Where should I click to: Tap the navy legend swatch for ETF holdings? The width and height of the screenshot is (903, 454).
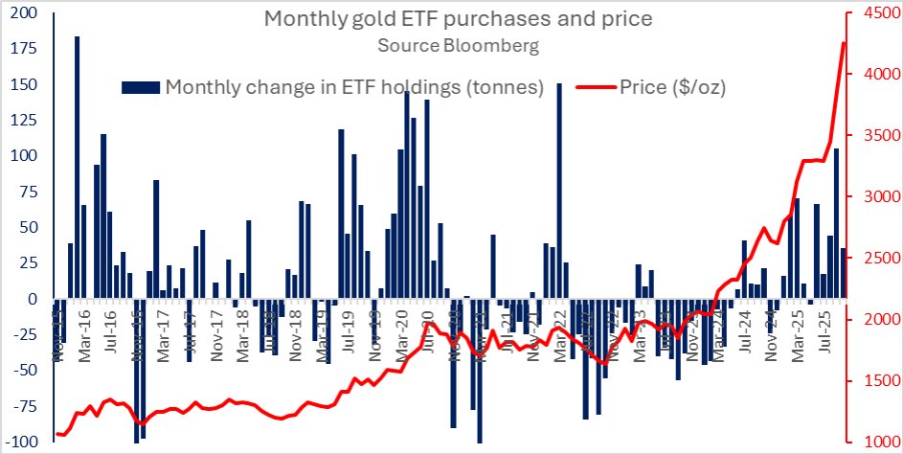point(141,87)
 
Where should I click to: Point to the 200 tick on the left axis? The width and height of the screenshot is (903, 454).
point(23,13)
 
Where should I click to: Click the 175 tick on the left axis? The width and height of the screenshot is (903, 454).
point(23,49)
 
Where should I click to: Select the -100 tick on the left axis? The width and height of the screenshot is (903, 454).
point(21,442)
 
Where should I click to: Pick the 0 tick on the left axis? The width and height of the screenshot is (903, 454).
point(33,299)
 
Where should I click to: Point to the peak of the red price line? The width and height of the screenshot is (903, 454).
point(844,43)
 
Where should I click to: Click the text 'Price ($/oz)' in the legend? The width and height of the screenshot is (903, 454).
point(672,87)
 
